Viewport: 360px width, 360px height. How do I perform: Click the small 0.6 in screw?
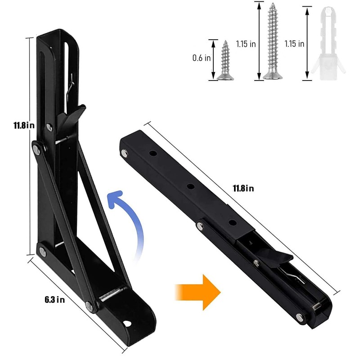click(x=225, y=61)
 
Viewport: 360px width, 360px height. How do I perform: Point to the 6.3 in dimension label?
click(x=55, y=301)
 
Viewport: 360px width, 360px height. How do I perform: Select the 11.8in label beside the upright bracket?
click(x=24, y=126)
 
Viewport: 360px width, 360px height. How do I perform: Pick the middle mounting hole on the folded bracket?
click(x=191, y=185)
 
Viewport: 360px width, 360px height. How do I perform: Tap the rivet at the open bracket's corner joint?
click(x=42, y=251)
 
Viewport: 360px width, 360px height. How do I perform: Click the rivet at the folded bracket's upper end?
click(x=124, y=154)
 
